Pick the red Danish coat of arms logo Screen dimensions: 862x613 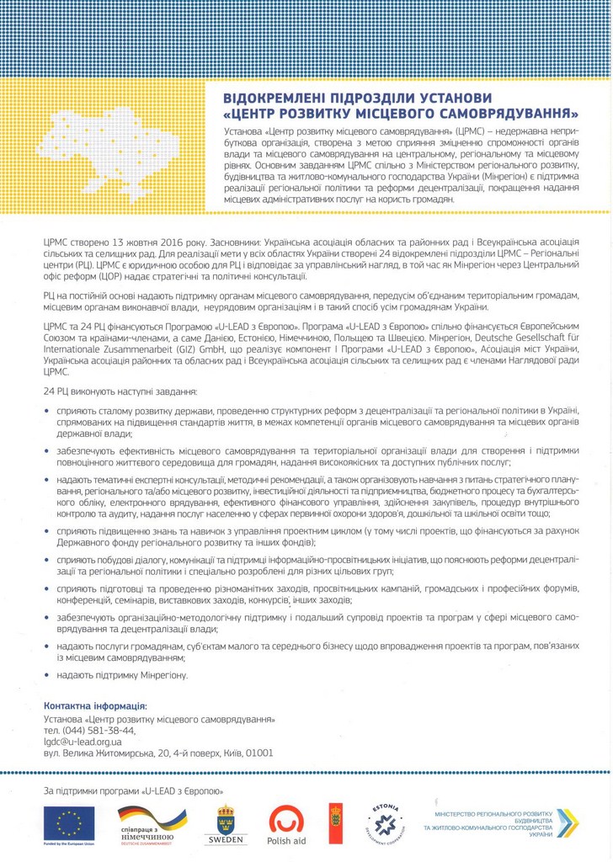335,823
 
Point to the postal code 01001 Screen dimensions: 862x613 259,753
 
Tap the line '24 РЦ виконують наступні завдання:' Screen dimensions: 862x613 120,392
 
